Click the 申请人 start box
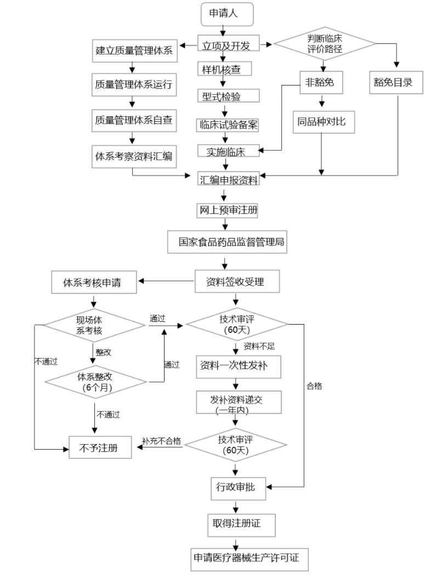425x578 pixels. [x=228, y=14]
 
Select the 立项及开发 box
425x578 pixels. [x=228, y=46]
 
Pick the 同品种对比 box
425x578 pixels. [x=322, y=121]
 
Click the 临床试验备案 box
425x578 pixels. [x=228, y=124]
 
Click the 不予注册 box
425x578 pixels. [x=101, y=448]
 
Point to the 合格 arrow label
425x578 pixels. [x=314, y=386]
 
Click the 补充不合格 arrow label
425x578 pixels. [x=162, y=441]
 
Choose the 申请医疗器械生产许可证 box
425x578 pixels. [x=246, y=558]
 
